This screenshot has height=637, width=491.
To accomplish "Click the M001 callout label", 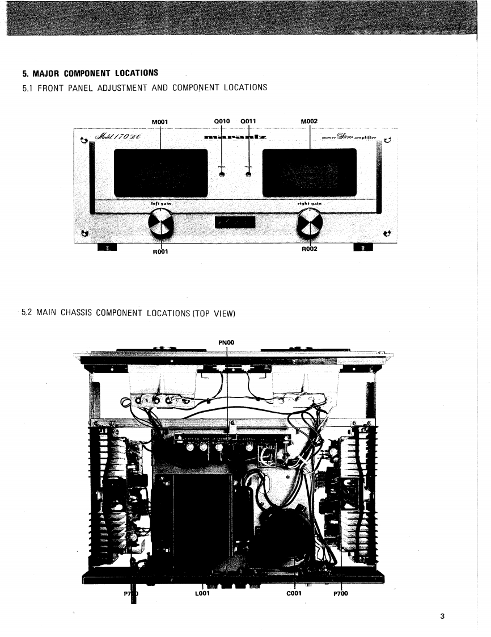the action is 162,120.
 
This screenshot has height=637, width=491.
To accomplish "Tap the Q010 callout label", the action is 221,120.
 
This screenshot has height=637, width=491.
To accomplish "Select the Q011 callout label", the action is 249,120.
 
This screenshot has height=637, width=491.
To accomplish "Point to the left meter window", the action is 161,173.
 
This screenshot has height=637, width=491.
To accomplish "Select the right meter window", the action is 310,172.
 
